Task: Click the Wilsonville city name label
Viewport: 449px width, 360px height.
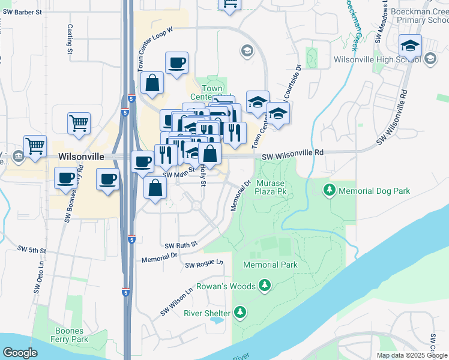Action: (82, 156)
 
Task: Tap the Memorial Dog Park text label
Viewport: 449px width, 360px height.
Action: (374, 191)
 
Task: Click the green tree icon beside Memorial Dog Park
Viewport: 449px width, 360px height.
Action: (330, 191)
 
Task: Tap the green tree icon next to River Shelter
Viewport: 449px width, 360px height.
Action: (240, 313)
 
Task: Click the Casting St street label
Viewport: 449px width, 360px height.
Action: (70, 39)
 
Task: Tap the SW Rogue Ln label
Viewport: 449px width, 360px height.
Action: (204, 264)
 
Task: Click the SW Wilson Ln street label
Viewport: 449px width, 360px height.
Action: (176, 302)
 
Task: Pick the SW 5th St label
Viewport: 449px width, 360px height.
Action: (31, 249)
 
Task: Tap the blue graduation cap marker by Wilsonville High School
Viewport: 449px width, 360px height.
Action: (411, 46)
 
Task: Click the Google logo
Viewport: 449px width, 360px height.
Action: (20, 353)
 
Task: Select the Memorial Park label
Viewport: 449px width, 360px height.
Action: (270, 265)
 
